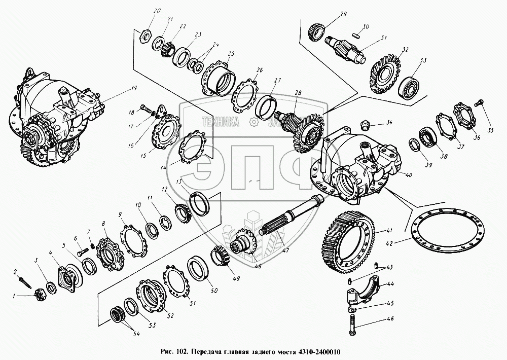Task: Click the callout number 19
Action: click(133, 88)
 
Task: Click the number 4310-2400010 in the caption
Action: click(314, 352)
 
